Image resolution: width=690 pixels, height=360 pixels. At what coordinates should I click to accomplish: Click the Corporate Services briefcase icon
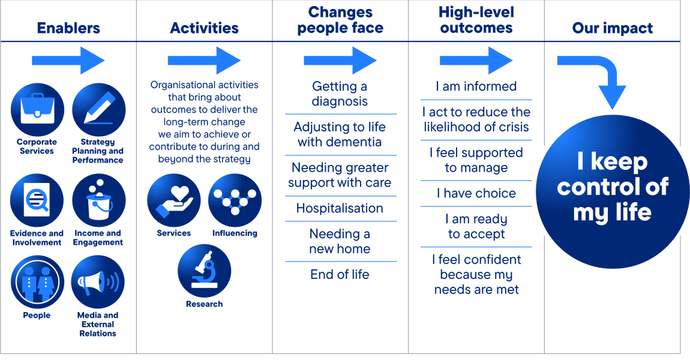click(37, 110)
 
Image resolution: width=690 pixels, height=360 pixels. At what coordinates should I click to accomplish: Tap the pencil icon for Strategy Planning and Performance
click(98, 110)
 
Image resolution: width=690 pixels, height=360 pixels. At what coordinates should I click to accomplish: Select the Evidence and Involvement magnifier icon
click(37, 200)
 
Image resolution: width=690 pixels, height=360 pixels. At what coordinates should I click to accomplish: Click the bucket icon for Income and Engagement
click(98, 200)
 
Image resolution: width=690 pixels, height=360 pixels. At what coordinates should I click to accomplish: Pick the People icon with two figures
click(37, 282)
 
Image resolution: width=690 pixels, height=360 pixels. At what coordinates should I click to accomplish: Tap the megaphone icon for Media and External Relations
click(98, 282)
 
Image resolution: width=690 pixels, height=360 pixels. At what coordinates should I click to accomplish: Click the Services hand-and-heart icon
click(174, 200)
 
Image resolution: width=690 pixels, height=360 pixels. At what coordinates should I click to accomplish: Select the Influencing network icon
click(235, 200)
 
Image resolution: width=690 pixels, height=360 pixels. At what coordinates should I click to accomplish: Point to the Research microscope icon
click(204, 271)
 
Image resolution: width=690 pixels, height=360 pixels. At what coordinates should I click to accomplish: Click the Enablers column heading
click(68, 28)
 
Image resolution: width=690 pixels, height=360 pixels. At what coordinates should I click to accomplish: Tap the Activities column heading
click(204, 28)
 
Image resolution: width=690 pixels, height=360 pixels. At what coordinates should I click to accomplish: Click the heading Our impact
click(613, 28)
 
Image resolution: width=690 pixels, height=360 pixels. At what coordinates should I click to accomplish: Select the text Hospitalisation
click(340, 208)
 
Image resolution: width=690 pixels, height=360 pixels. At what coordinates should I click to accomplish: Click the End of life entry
click(340, 274)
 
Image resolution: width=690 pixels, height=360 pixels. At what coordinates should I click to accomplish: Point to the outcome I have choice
click(476, 193)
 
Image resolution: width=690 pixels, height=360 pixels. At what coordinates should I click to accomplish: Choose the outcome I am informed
click(476, 86)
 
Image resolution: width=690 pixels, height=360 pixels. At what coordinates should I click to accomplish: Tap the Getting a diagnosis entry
click(340, 94)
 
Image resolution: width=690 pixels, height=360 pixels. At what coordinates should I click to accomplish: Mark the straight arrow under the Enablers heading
click(68, 61)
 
